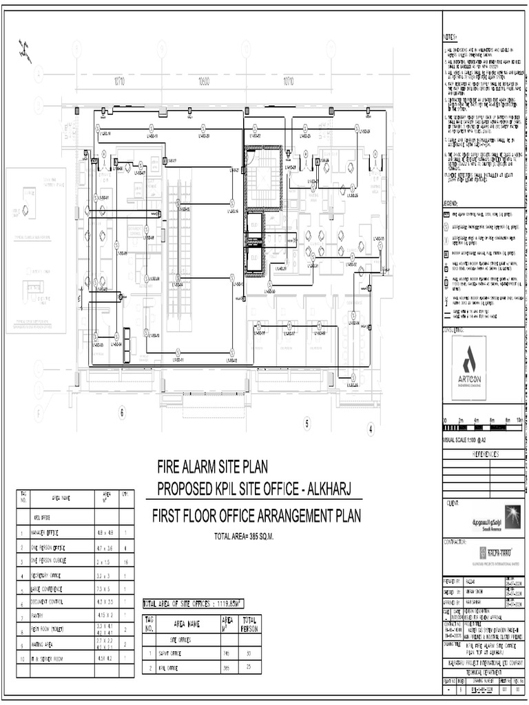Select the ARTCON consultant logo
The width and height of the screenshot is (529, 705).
(x=468, y=368)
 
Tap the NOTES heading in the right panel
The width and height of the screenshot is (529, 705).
(x=450, y=36)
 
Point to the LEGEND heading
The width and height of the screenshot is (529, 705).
(x=451, y=203)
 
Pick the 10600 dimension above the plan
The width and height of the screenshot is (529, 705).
(x=204, y=81)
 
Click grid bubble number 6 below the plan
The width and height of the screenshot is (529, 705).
(x=123, y=413)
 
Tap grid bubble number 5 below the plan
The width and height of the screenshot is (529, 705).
(x=307, y=423)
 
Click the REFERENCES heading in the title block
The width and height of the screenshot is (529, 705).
(x=484, y=455)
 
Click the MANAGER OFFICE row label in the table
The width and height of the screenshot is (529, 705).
(x=46, y=534)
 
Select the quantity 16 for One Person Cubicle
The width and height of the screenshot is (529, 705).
(x=125, y=562)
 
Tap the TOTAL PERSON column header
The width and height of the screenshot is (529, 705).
(x=249, y=624)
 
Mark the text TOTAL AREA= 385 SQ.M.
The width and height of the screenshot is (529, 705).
(x=244, y=536)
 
